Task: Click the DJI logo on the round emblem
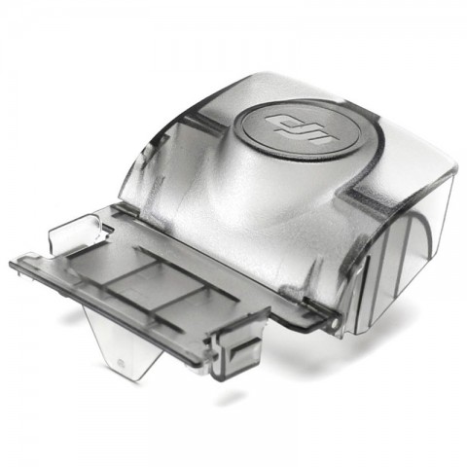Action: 299,130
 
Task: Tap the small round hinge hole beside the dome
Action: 333,324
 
